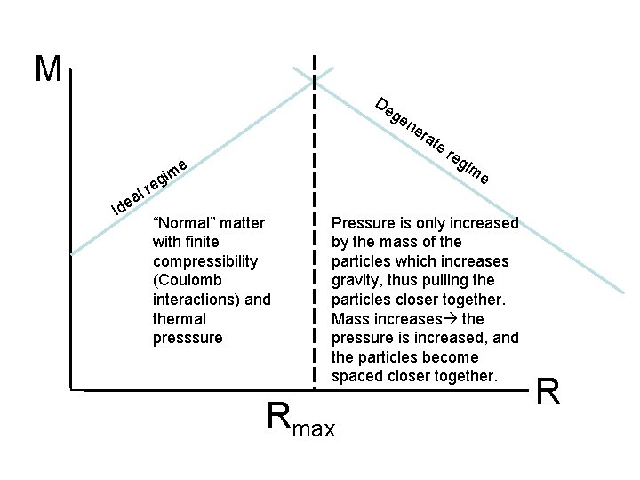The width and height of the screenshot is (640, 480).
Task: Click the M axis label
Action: click(48, 68)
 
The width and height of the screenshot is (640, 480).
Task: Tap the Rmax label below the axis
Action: click(301, 420)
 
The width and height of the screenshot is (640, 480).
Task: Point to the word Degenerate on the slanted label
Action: click(410, 124)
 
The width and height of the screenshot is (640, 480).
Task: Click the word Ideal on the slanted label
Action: click(128, 202)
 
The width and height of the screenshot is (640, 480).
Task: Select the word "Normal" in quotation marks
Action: click(183, 222)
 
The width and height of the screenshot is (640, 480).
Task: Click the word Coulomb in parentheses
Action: click(193, 280)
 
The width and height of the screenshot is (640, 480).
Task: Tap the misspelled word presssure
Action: click(188, 338)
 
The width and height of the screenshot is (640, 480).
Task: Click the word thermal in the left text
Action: click(179, 318)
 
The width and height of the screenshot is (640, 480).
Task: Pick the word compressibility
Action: click(205, 261)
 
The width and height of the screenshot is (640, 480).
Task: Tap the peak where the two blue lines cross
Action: click(314, 78)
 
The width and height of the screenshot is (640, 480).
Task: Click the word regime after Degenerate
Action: click(468, 164)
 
